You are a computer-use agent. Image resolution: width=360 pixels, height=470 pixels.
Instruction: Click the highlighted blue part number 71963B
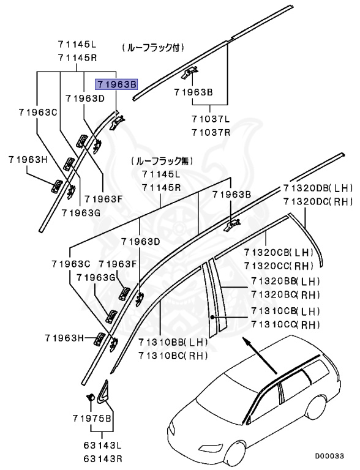click(115, 84)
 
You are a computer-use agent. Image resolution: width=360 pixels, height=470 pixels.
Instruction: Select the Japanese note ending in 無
click(161, 161)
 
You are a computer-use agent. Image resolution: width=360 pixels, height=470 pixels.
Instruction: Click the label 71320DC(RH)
click(318, 201)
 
